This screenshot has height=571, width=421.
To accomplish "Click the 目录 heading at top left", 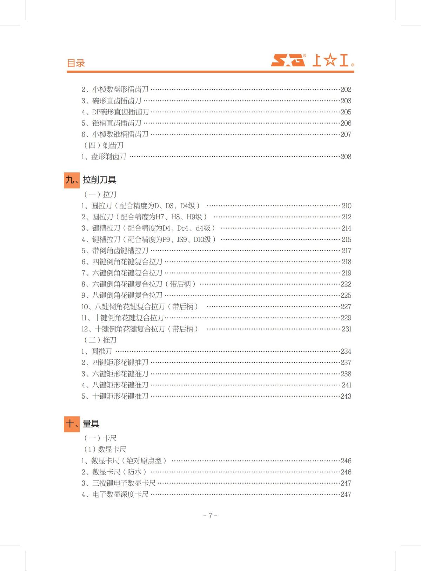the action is (x=76, y=63).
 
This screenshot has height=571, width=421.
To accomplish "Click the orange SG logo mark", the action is (x=288, y=60).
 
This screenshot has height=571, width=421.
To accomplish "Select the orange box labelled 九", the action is (x=72, y=180).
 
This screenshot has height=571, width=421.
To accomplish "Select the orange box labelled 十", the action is (x=72, y=424).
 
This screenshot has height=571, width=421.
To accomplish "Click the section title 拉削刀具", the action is (x=99, y=180).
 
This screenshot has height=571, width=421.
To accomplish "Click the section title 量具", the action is (x=91, y=424).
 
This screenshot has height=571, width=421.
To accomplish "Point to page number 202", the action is (x=346, y=89).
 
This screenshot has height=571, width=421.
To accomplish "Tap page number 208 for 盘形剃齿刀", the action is (x=346, y=157).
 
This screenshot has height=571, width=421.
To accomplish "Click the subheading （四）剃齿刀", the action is (x=103, y=145).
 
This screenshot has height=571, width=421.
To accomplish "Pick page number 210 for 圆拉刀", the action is (x=346, y=206).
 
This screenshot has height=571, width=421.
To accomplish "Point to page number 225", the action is (x=346, y=295).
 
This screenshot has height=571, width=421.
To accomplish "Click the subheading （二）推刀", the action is (x=100, y=340).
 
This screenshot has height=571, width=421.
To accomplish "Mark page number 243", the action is (x=346, y=396).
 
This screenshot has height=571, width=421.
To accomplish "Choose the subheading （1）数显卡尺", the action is (x=105, y=449).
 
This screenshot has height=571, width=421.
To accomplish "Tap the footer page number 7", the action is (x=210, y=516).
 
